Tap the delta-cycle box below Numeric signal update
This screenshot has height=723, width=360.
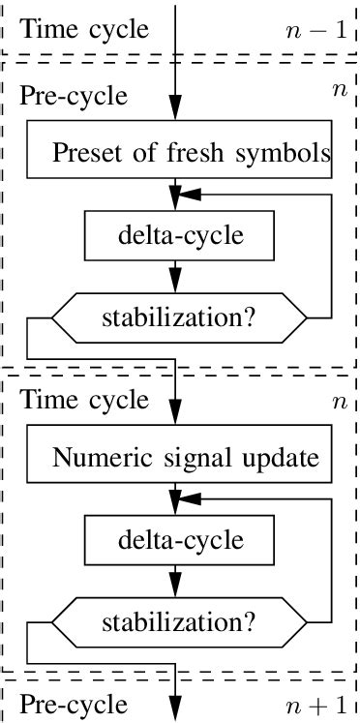tap(174, 539)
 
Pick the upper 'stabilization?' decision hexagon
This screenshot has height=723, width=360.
tap(179, 317)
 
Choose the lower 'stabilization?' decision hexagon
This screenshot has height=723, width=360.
tap(179, 619)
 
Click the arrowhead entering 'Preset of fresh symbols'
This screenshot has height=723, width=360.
tap(175, 115)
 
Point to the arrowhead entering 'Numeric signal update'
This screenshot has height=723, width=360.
tap(175, 418)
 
